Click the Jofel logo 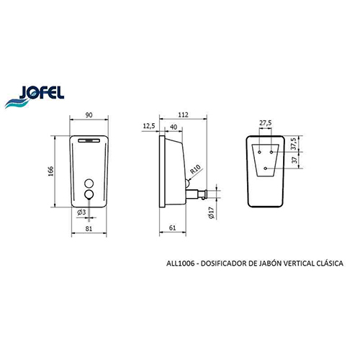(35, 96)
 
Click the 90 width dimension (89, 115)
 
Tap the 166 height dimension (51, 171)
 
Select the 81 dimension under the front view (89, 229)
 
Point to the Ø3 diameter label (81, 212)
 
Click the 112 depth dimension (183, 115)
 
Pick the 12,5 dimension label (149, 126)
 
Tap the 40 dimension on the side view (174, 127)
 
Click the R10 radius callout (195, 169)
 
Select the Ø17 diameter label (211, 212)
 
